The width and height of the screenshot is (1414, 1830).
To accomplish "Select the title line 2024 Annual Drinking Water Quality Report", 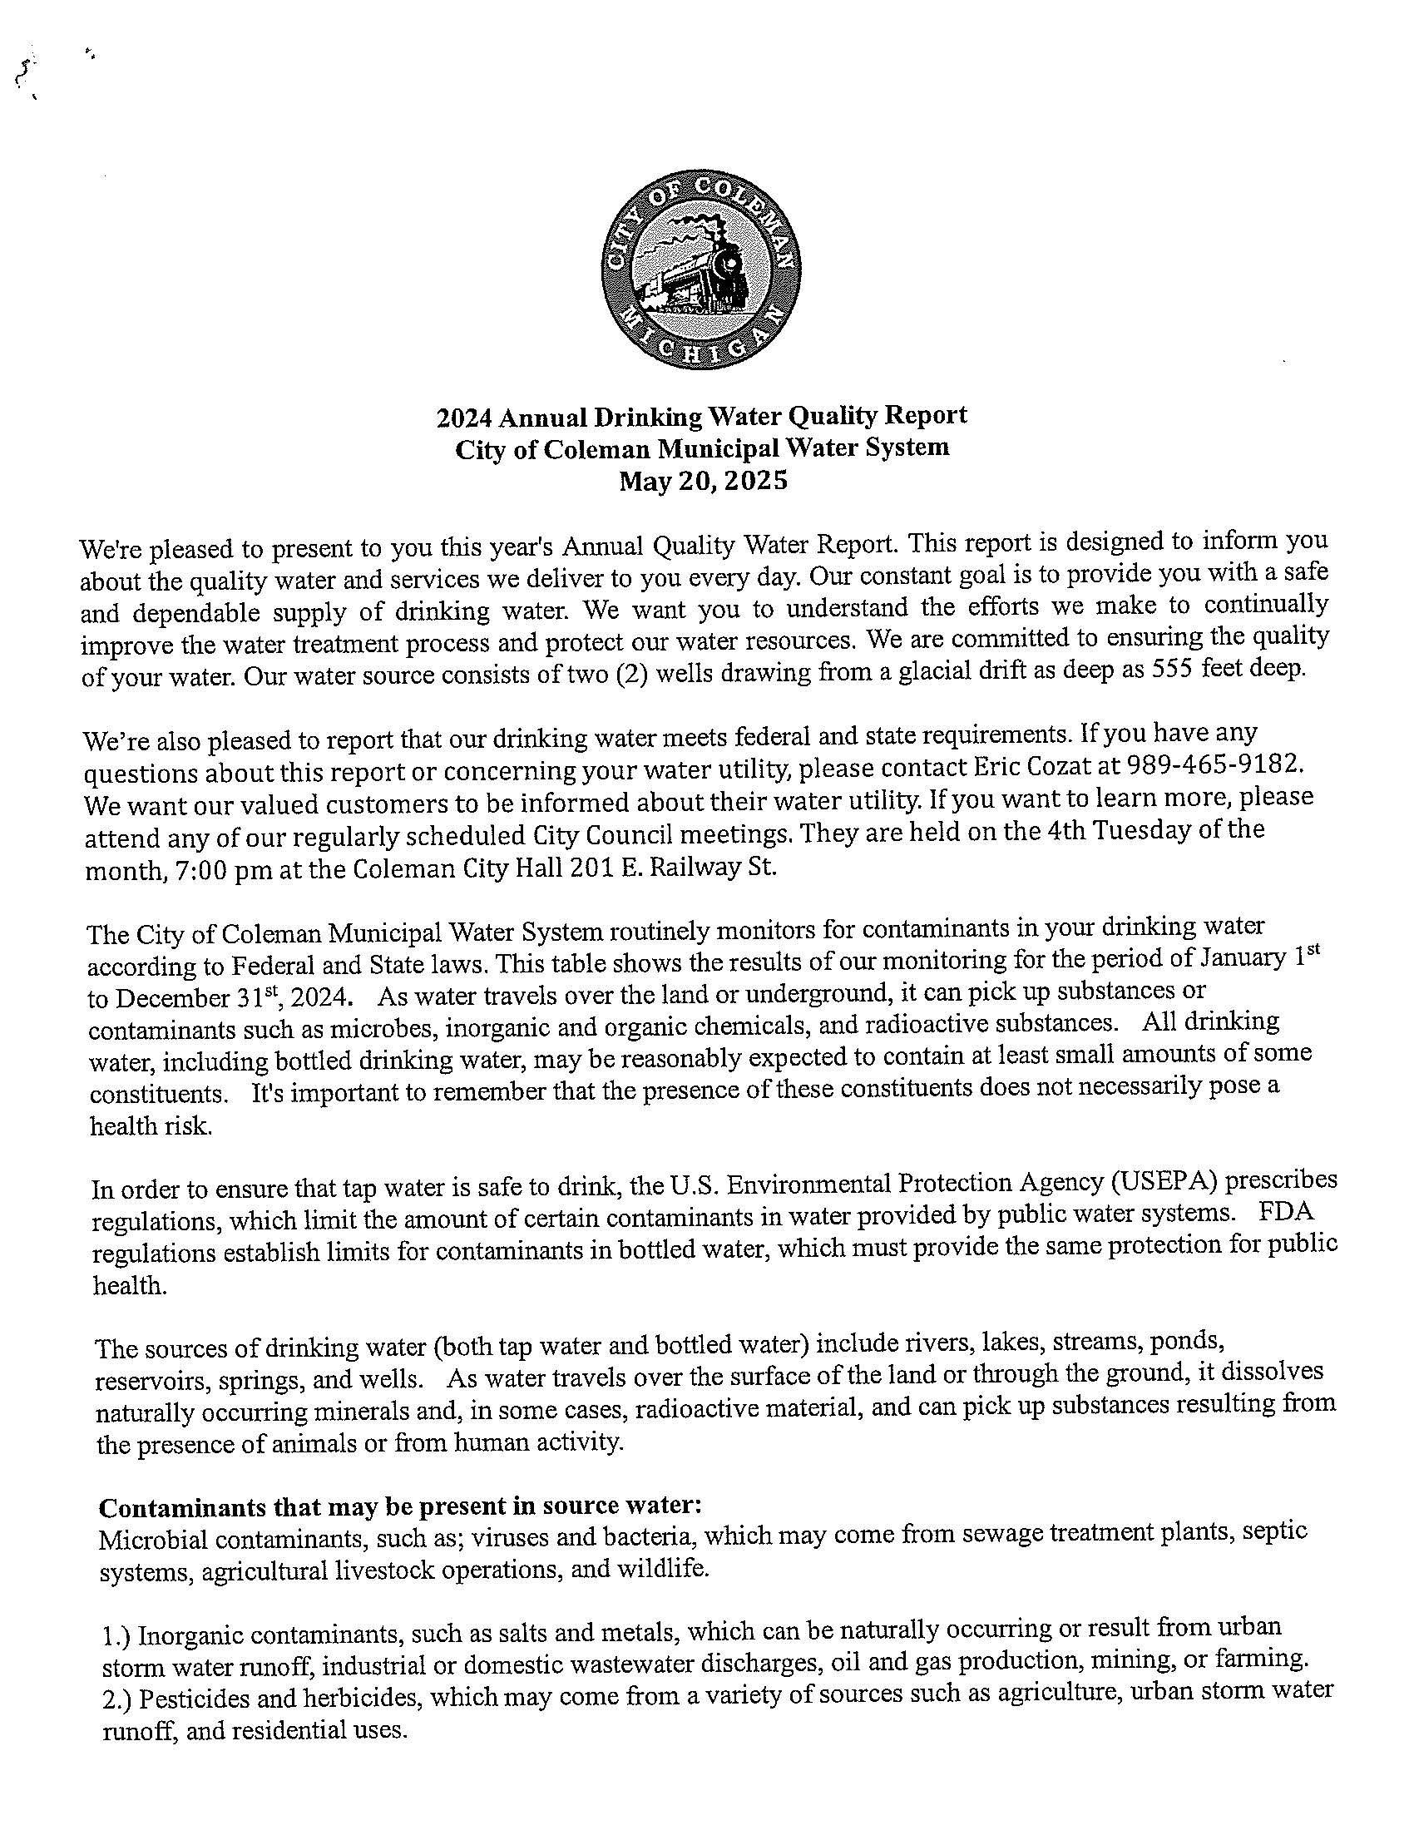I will [x=701, y=416].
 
